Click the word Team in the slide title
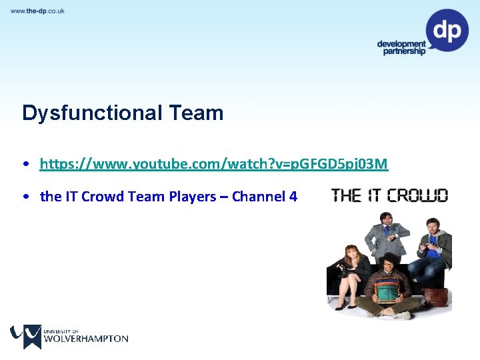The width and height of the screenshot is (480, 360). coord(197,113)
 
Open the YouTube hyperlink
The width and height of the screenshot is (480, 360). coord(213,164)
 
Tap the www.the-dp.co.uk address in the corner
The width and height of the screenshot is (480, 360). coord(37,11)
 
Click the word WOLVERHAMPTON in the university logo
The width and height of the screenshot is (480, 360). coord(85,339)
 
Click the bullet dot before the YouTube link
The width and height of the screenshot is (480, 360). coord(25,164)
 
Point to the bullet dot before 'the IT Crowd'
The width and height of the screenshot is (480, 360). coord(25,197)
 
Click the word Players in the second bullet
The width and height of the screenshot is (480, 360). coord(193,197)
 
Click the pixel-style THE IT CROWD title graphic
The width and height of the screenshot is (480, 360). coord(390,195)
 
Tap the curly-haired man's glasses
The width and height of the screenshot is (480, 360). coord(389,264)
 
